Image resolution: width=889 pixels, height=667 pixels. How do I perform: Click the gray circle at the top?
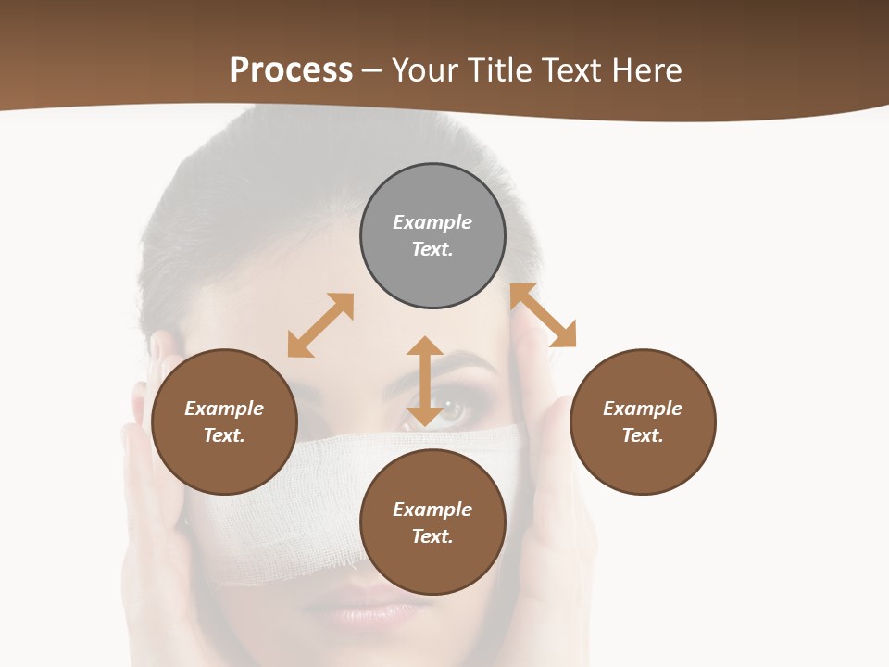pyautogui.click(x=432, y=235)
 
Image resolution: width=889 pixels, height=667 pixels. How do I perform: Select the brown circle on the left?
pyautogui.click(x=224, y=422)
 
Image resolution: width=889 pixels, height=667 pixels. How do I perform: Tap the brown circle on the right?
pyautogui.click(x=643, y=422)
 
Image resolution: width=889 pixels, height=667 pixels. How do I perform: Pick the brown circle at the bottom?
pyautogui.click(x=432, y=522)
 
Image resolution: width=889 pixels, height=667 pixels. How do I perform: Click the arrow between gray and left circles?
pyautogui.click(x=320, y=325)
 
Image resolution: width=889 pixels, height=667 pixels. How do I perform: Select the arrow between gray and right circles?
pyautogui.click(x=544, y=315)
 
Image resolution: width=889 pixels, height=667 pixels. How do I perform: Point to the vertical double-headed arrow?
pyautogui.click(x=425, y=381)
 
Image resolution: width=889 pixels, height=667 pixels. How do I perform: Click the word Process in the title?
pyautogui.click(x=291, y=69)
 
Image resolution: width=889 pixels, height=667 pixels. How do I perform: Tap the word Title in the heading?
pyautogui.click(x=500, y=69)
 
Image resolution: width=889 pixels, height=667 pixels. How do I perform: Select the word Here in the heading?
pyautogui.click(x=647, y=69)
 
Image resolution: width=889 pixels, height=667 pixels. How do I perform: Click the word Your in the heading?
pyautogui.click(x=427, y=69)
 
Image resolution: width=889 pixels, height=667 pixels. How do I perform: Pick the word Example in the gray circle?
pyautogui.click(x=432, y=222)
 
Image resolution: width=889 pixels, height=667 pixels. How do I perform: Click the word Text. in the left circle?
pyautogui.click(x=224, y=435)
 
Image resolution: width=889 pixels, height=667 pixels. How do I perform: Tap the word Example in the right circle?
pyautogui.click(x=643, y=409)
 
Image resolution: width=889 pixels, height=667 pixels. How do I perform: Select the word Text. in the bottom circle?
pyautogui.click(x=432, y=536)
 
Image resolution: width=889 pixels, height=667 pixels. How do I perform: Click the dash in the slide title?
pyautogui.click(x=372, y=70)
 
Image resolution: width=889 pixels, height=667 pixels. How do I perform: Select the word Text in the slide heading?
pyautogui.click(x=570, y=69)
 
